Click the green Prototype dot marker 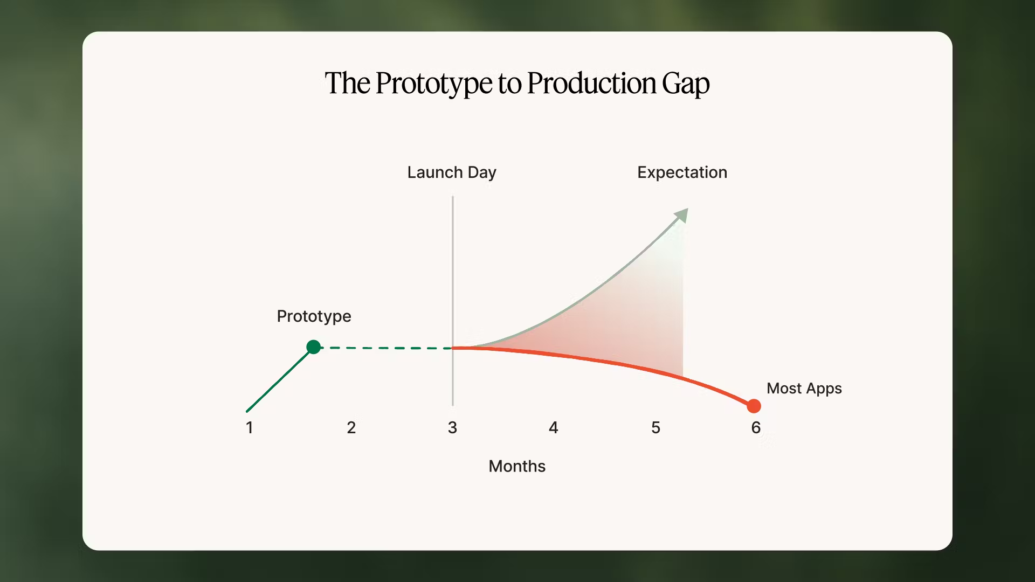click(x=313, y=347)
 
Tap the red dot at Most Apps click(x=754, y=406)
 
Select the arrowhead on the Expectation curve click(x=682, y=215)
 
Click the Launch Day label click(x=451, y=172)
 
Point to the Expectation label click(x=682, y=172)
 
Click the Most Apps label click(x=804, y=389)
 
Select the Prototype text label click(x=314, y=316)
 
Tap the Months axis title click(x=516, y=466)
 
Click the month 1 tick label click(x=249, y=428)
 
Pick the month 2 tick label click(x=351, y=428)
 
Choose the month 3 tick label click(x=452, y=428)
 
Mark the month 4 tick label click(x=554, y=428)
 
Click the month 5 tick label click(x=655, y=428)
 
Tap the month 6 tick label click(x=756, y=428)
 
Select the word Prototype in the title click(x=433, y=84)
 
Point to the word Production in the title click(x=591, y=84)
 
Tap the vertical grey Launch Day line click(x=453, y=269)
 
